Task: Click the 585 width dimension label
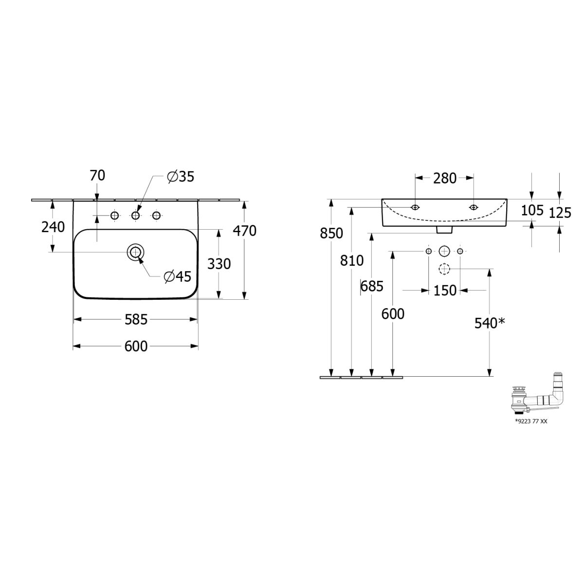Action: (x=136, y=319)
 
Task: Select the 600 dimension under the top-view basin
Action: (x=136, y=346)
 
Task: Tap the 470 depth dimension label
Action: (x=245, y=231)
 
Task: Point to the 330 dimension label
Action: (x=219, y=264)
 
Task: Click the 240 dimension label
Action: (x=53, y=227)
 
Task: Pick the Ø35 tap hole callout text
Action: (x=181, y=177)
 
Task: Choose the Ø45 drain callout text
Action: (x=178, y=276)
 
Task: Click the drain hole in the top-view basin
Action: (x=135, y=252)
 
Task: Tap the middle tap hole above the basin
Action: (x=135, y=216)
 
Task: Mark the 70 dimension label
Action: (x=97, y=176)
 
